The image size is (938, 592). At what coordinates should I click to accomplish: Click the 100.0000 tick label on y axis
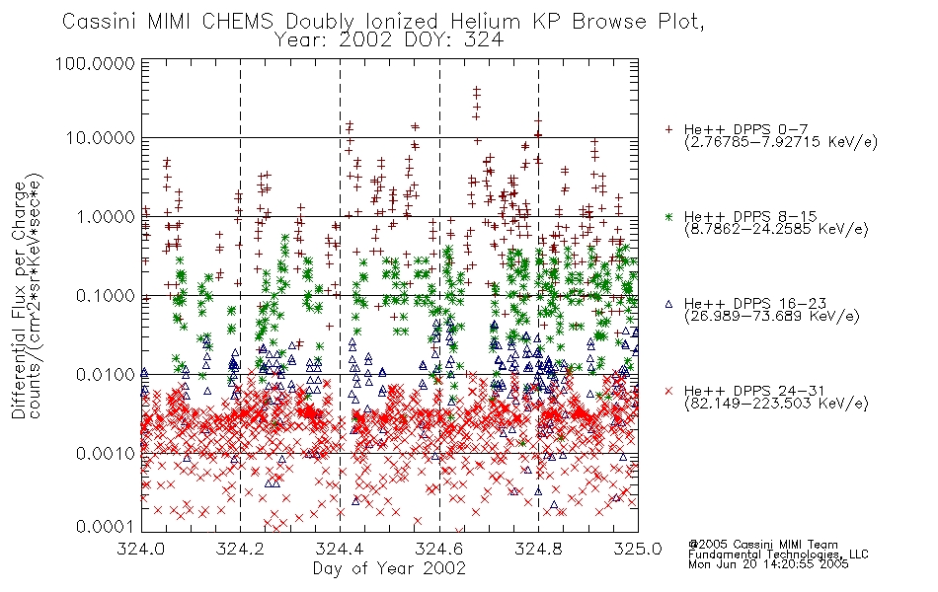(95, 63)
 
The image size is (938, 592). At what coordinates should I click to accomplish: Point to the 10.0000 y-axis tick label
(101, 138)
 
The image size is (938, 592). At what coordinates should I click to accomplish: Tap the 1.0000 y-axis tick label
(106, 216)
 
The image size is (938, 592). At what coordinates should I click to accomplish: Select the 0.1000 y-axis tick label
(106, 295)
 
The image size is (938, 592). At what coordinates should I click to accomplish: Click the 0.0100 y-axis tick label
(106, 374)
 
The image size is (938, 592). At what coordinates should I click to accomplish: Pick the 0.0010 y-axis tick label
(106, 453)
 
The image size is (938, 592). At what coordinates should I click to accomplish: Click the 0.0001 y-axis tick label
(106, 527)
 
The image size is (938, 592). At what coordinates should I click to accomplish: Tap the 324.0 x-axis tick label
(141, 549)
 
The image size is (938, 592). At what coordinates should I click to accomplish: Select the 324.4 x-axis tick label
(341, 549)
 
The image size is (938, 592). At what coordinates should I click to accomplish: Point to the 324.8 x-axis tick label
(538, 549)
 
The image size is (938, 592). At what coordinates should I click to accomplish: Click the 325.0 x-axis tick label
(638, 549)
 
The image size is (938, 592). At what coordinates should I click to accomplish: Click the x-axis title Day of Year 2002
(389, 568)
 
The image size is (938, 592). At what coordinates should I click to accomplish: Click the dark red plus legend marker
(669, 129)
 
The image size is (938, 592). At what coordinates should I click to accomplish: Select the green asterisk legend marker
(669, 216)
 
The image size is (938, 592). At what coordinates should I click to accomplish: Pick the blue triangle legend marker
(669, 304)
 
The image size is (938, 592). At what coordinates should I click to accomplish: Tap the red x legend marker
(669, 391)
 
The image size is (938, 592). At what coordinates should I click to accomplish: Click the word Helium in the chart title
(485, 22)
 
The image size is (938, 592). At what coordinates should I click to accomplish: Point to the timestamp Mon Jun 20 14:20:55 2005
(768, 564)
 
